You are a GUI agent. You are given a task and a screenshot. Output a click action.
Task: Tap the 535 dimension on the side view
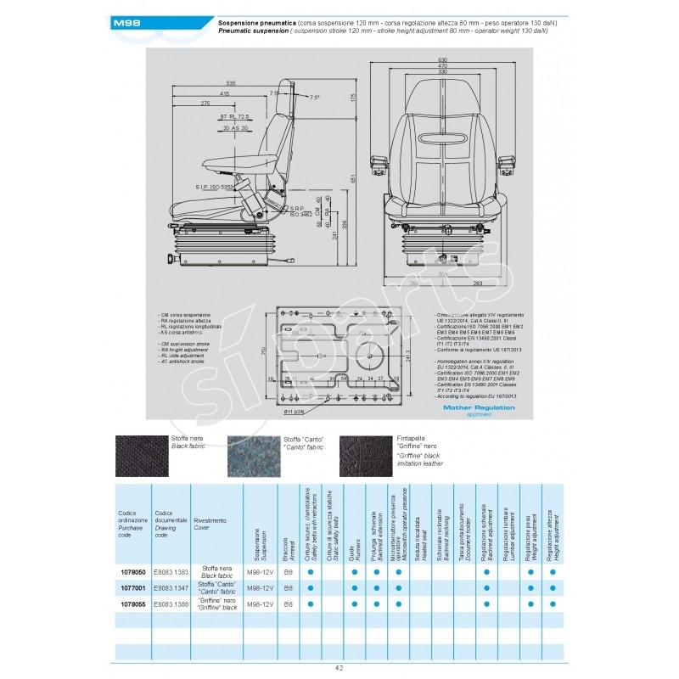[230, 82]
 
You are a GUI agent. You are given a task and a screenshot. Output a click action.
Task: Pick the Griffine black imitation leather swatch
[366, 456]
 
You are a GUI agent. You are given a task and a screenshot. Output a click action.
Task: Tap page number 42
[339, 668]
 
